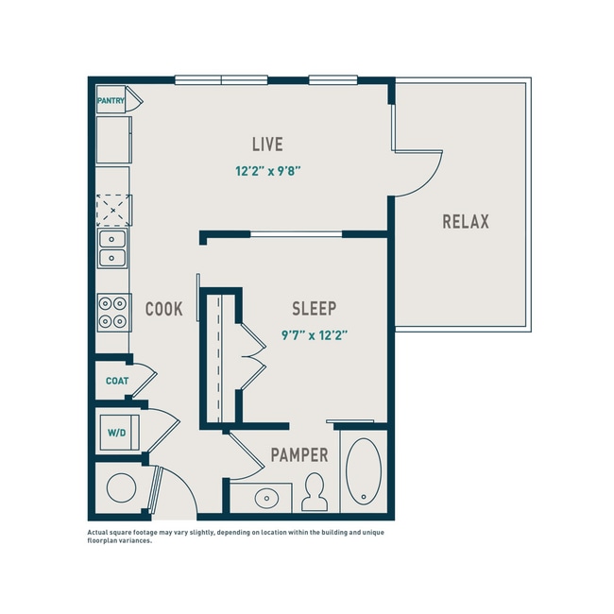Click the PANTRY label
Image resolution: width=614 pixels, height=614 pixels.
111,99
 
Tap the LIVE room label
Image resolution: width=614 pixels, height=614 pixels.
267,145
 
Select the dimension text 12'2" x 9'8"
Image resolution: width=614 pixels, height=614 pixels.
267,172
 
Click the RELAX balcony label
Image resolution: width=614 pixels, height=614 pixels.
466,222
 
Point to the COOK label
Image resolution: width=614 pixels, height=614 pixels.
163,309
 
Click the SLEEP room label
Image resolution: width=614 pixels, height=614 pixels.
315,309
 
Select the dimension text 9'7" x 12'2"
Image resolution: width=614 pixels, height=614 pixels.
316,334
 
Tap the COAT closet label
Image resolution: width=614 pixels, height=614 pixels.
116,382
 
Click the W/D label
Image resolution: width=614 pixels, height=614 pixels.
116,434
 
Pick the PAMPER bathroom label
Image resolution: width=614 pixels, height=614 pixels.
299,455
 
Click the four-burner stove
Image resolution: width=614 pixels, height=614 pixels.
113,312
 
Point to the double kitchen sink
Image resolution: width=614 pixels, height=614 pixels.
113,247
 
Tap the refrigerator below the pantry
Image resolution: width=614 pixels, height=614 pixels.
113,138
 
